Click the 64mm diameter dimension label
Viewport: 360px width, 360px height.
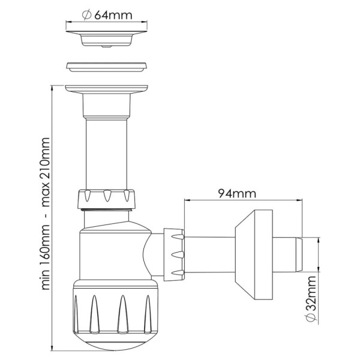[x=107, y=15]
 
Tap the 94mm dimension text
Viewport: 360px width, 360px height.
[x=237, y=194]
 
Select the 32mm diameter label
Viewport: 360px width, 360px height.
[x=311, y=299]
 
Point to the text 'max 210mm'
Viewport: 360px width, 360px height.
[x=44, y=172]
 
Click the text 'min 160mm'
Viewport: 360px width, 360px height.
[x=44, y=257]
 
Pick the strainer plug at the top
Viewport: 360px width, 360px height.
[x=107, y=38]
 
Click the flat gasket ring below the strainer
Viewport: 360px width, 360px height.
[x=106, y=67]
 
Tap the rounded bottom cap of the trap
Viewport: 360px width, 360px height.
[x=116, y=340]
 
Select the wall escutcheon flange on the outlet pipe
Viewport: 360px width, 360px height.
[x=254, y=255]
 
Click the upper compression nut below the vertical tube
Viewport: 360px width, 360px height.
[x=107, y=199]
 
